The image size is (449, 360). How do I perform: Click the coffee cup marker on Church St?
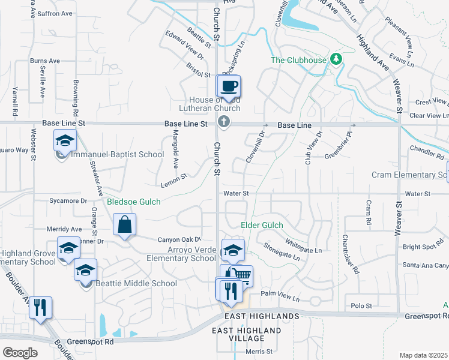229,86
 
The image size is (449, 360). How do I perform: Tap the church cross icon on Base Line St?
224,122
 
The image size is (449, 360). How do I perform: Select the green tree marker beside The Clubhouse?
337,59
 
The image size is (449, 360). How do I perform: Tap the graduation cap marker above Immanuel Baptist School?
65,141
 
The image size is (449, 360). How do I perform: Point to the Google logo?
20,353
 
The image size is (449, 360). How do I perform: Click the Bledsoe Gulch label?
133,202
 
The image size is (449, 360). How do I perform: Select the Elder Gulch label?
262,226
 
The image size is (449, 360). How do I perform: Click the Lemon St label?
173,178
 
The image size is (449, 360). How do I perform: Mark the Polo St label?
361,306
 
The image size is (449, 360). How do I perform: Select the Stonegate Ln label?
282,251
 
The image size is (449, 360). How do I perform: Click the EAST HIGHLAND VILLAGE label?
247,334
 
